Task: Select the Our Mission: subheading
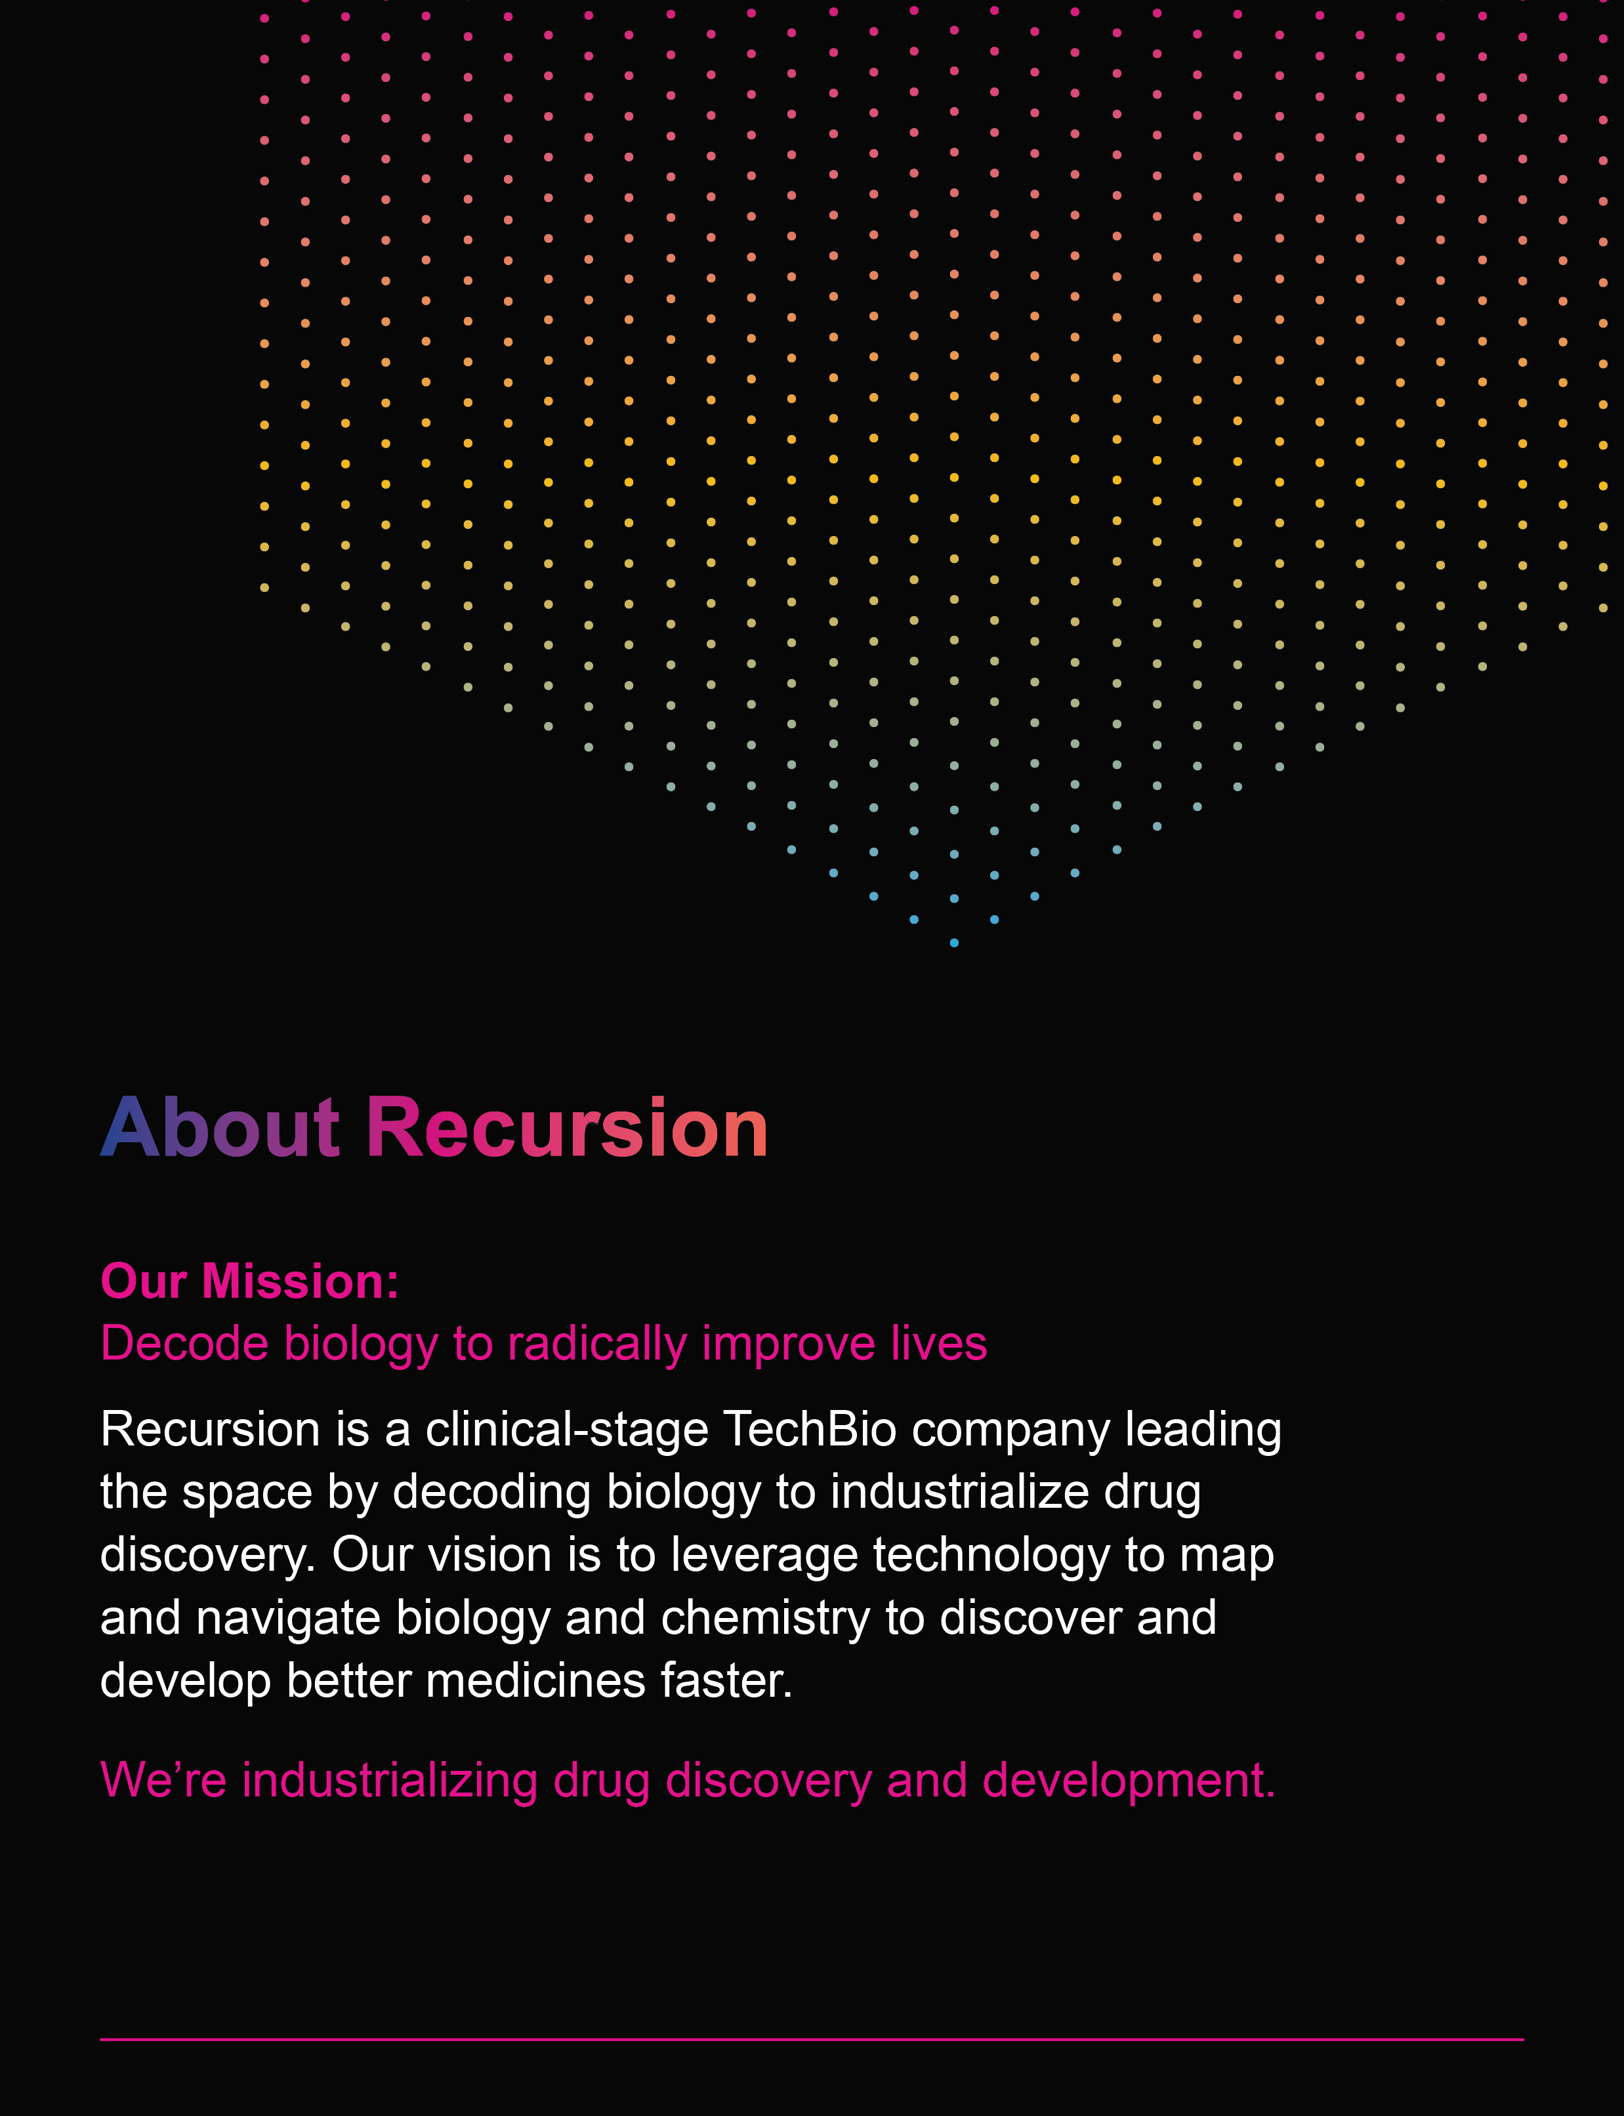(x=249, y=1282)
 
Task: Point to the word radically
(x=597, y=1344)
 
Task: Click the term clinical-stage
(x=568, y=1430)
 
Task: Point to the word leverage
(x=764, y=1557)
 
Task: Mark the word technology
(x=992, y=1557)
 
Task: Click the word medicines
(x=535, y=1681)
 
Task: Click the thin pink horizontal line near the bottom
(x=812, y=2040)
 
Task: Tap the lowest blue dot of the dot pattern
(x=954, y=942)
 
